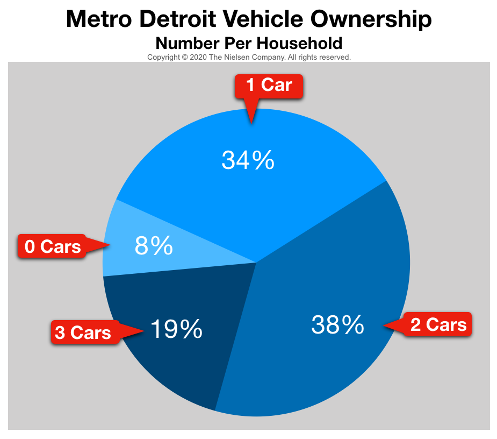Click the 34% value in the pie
pyautogui.click(x=248, y=160)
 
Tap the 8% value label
pyautogui.click(x=153, y=246)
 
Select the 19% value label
pyautogui.click(x=176, y=329)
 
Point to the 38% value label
pyautogui.click(x=337, y=324)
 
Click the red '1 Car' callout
pyautogui.click(x=269, y=86)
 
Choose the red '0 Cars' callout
pyautogui.click(x=53, y=246)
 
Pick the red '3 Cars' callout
pyautogui.click(x=83, y=332)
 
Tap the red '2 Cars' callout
pyautogui.click(x=438, y=324)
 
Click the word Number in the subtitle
pyautogui.click(x=182, y=43)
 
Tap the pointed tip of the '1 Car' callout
pyautogui.click(x=251, y=123)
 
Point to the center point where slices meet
pyautogui.click(x=256, y=263)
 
